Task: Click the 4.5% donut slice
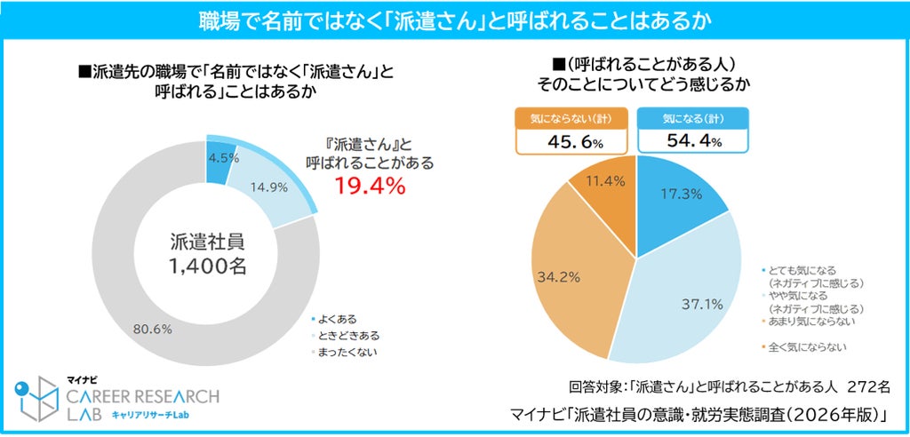[217, 164]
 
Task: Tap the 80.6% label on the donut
[153, 330]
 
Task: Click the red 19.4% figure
[369, 187]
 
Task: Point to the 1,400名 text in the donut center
[208, 266]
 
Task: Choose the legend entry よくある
[334, 319]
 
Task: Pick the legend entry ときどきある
[342, 336]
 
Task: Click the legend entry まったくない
[342, 352]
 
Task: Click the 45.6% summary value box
[571, 141]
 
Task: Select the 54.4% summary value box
[692, 141]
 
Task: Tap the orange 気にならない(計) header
[571, 118]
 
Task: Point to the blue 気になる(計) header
[692, 118]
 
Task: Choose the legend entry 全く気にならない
[802, 347]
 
